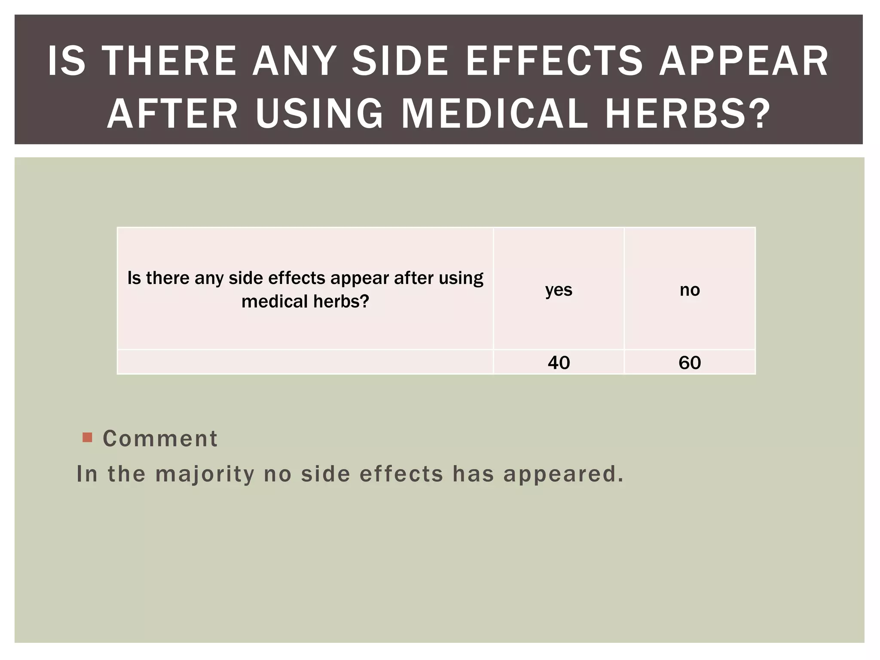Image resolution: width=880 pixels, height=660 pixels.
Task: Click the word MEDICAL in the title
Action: [494, 113]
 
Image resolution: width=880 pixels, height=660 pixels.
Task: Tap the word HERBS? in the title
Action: [687, 113]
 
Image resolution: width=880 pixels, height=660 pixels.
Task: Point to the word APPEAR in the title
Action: [744, 61]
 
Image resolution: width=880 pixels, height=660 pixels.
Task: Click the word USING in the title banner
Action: [319, 113]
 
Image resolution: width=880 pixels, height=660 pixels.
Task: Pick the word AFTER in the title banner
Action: [172, 113]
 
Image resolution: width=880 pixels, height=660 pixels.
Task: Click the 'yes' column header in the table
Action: [559, 290]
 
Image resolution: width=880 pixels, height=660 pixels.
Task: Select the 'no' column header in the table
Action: [690, 290]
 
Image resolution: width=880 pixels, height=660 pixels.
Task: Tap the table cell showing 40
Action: [559, 363]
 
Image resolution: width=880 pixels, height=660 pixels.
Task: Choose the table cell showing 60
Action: [690, 363]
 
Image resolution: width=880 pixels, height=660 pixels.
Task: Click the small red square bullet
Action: [87, 437]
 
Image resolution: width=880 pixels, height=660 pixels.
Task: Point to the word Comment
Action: [160, 439]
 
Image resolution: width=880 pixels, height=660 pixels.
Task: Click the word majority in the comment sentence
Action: [205, 474]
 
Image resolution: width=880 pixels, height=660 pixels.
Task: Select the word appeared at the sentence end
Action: [563, 474]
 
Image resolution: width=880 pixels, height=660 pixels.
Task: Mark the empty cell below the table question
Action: [305, 362]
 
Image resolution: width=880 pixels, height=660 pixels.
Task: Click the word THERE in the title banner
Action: [170, 61]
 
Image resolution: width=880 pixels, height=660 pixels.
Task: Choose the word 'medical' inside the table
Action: [275, 301]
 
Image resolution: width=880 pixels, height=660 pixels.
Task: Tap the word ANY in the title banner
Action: [294, 61]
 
